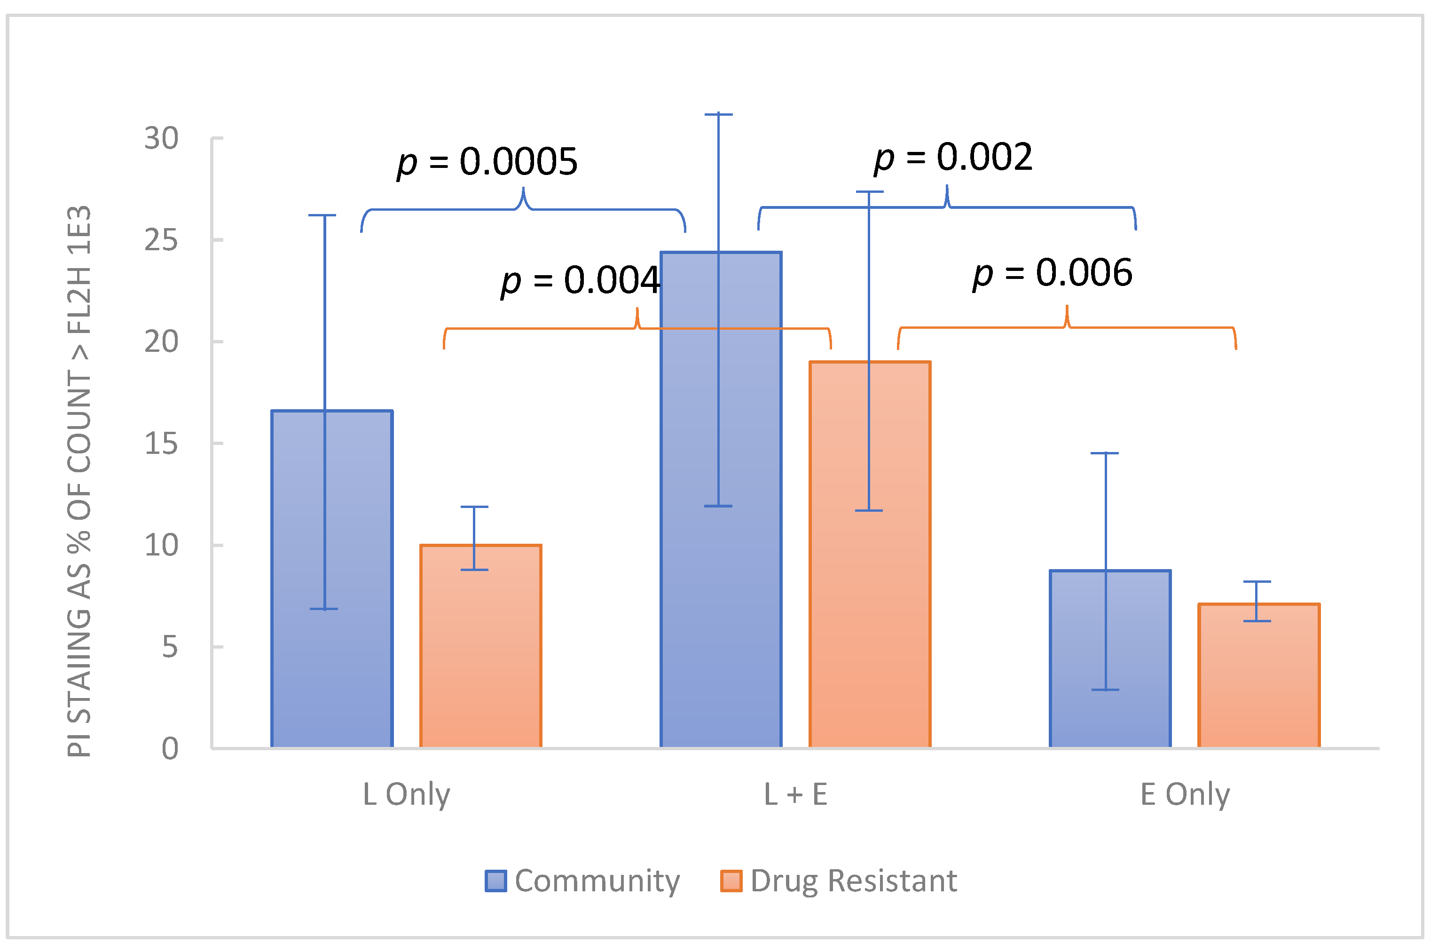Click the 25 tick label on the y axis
point(161,240)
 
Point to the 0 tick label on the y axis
point(170,749)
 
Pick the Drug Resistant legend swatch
point(731,881)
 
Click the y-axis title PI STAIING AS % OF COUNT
point(79,480)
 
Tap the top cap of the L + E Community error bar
point(718,114)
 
